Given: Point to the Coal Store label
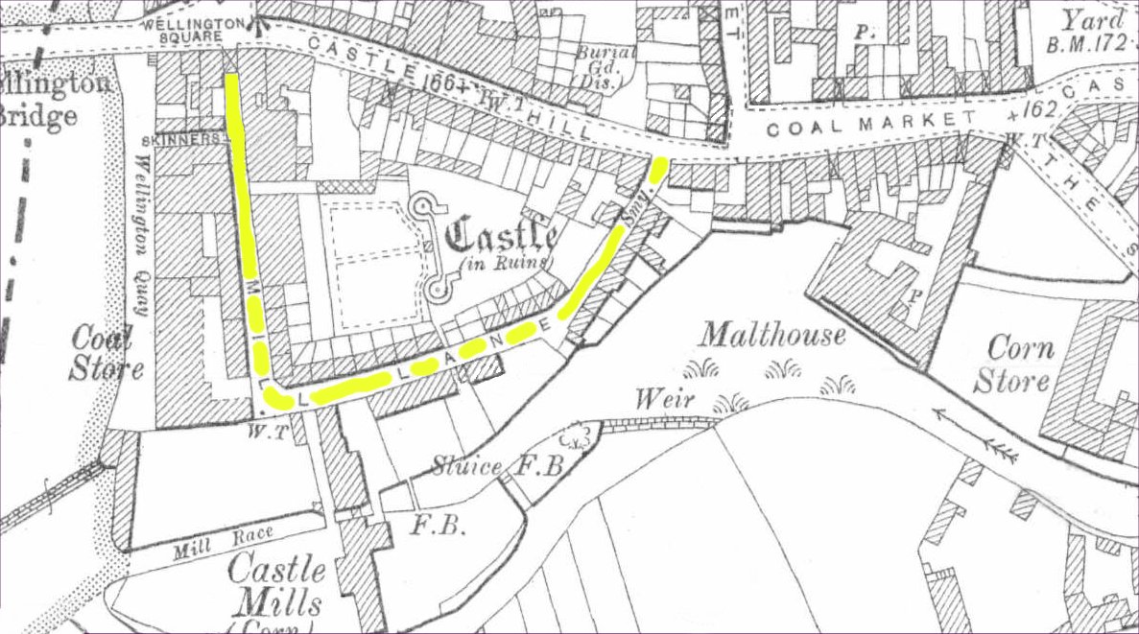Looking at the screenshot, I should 107,354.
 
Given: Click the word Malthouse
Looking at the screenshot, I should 771,335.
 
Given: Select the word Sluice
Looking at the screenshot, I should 465,467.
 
